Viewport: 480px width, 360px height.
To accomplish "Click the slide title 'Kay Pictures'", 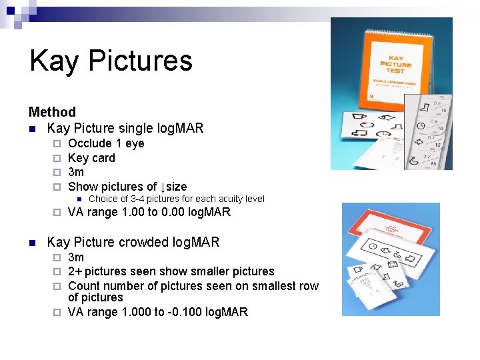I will point(111,61).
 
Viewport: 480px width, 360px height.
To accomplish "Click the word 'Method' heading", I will point(52,112).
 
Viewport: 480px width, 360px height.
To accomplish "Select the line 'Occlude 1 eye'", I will point(106,143).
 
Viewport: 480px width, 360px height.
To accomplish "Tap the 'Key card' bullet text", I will point(91,158).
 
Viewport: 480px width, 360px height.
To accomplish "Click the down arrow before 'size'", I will point(162,187).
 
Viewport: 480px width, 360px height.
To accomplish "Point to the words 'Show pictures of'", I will point(112,187).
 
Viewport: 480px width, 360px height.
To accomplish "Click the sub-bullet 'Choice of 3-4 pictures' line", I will point(176,199).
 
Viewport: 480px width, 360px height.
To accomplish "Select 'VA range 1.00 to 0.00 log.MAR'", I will point(149,213).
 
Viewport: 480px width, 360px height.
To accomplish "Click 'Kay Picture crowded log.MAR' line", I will point(133,242).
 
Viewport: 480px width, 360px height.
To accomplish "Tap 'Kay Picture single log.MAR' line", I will point(125,127).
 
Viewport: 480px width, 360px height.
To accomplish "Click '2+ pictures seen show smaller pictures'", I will point(171,271).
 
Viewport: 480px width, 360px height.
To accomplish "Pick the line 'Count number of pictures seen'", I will point(193,286).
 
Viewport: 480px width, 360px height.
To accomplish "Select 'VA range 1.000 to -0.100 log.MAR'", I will point(157,312).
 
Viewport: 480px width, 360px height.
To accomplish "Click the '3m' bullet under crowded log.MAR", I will point(76,257).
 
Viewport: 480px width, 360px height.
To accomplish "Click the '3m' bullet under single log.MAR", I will point(76,172).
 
